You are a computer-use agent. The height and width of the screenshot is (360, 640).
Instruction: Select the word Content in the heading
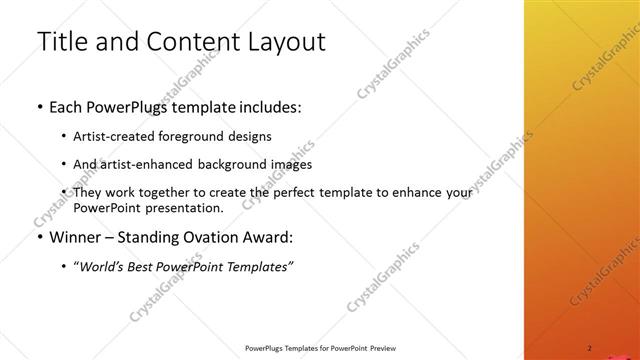[x=187, y=42]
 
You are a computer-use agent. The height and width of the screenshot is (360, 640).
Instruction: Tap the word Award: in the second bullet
[x=269, y=238]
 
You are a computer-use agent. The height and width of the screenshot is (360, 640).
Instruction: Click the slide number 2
[x=590, y=347]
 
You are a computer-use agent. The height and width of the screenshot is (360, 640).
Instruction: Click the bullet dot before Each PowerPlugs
[x=38, y=107]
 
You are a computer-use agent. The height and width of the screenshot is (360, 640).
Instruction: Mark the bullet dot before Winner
[x=38, y=239]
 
